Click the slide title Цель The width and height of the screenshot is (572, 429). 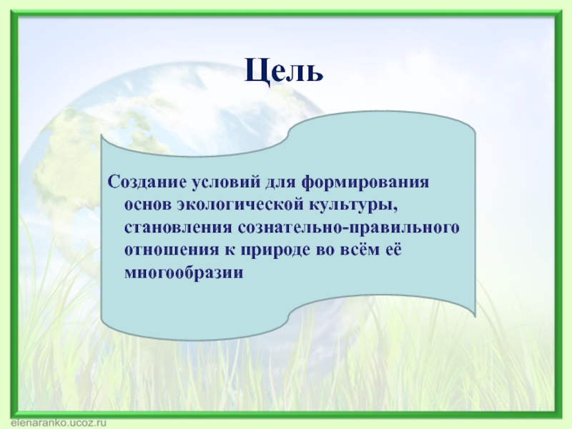[x=285, y=71]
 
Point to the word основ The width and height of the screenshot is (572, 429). [x=145, y=204]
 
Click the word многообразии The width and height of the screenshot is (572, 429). [x=184, y=273]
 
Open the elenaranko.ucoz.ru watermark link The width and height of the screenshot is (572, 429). [x=54, y=423]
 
